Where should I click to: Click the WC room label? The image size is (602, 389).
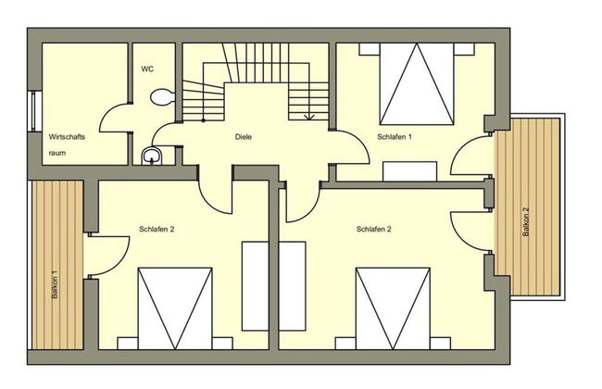[x=146, y=69]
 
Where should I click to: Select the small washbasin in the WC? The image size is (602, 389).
[x=152, y=156]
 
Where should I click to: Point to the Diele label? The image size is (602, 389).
[x=244, y=137]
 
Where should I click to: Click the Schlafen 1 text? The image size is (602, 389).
[x=394, y=137]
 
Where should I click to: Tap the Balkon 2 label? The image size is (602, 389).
[x=526, y=222]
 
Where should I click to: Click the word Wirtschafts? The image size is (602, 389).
[x=67, y=137]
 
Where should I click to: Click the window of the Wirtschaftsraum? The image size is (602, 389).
[x=33, y=115]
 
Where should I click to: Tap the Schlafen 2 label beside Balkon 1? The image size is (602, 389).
[x=157, y=230]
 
